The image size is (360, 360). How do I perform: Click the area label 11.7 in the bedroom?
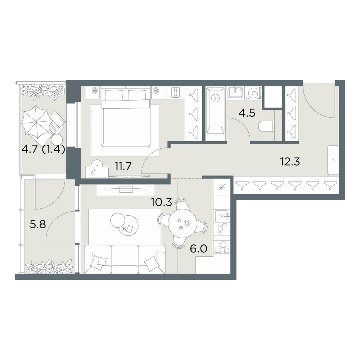point(123,166)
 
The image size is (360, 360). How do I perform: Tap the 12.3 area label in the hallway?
point(290,162)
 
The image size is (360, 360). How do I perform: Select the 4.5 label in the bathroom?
point(247,113)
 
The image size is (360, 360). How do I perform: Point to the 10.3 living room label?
point(161,202)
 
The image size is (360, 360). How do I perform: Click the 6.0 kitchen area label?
point(199,248)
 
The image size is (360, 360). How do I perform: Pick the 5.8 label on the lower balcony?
point(38,224)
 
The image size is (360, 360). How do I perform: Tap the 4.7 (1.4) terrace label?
point(43,150)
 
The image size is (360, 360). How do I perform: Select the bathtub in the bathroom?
point(215,113)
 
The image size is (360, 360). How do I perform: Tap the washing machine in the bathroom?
point(253,93)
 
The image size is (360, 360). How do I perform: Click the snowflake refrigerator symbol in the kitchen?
point(222,188)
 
